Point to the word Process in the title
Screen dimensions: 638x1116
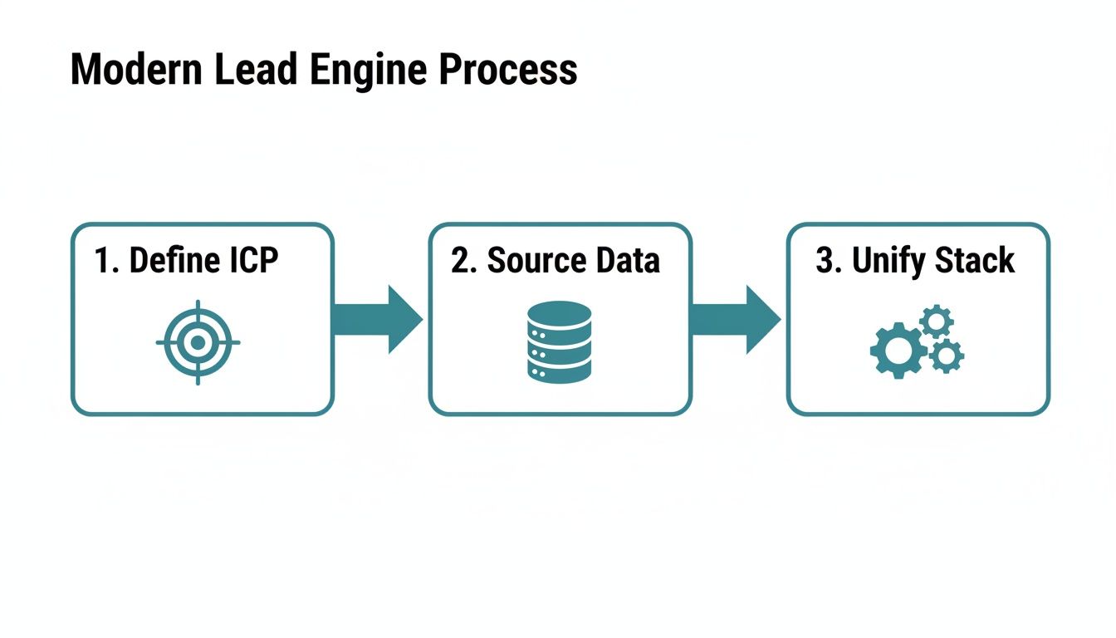tap(508, 70)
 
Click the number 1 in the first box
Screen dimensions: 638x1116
tap(104, 260)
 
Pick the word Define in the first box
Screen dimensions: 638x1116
tap(169, 260)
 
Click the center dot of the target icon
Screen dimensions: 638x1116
tap(198, 342)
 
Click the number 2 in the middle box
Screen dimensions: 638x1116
tap(461, 260)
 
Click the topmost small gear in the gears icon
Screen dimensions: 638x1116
tap(937, 321)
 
